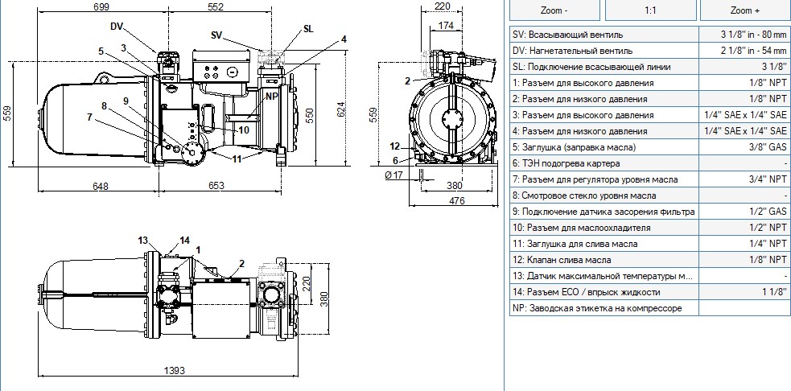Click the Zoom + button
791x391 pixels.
(744, 10)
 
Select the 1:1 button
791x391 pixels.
(650, 10)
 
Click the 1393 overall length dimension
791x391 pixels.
(174, 370)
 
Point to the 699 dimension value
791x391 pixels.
(101, 6)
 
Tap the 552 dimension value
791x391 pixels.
(215, 6)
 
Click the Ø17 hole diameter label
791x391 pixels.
(393, 175)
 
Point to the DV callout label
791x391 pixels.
(117, 27)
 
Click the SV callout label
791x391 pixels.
(217, 35)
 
